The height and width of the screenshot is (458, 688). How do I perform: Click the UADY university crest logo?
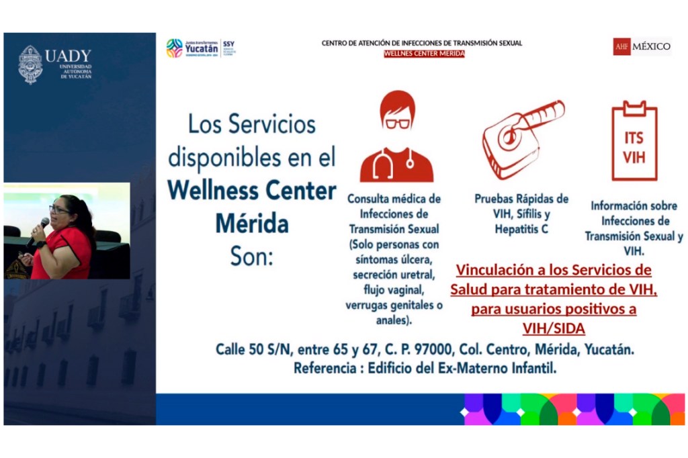pos(30,64)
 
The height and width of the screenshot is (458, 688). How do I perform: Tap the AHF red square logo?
pos(621,46)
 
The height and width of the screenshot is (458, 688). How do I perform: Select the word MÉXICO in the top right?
pos(652,46)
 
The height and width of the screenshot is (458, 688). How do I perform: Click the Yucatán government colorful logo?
pos(175,48)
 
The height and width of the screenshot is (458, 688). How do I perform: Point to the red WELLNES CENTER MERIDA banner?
pos(424,54)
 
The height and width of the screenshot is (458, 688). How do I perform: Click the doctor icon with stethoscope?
pos(396,137)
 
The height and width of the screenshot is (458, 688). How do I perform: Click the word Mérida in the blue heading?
pos(252,224)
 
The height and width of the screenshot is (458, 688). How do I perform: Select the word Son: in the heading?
pos(252,256)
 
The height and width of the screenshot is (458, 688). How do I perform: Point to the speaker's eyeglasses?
pos(59,210)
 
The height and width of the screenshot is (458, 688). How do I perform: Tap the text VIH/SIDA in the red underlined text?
pos(554,328)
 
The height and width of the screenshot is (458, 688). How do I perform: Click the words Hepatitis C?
pos(521,229)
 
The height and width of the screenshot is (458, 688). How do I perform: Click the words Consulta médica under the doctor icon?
pos(394,199)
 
